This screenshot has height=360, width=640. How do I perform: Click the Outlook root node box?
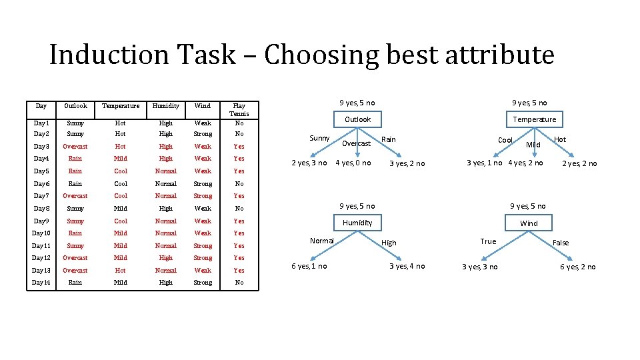[357, 119]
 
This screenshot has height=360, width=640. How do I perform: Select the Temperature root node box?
[534, 119]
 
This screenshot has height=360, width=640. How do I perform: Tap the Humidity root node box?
[357, 222]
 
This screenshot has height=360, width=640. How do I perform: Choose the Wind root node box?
[529, 223]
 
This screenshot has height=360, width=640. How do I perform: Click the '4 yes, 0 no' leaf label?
[353, 163]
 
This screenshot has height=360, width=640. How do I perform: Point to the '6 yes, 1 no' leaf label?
[309, 266]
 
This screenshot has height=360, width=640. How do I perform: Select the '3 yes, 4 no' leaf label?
[407, 266]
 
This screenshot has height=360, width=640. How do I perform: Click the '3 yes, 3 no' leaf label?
[479, 267]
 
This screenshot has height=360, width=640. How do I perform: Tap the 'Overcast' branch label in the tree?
[356, 143]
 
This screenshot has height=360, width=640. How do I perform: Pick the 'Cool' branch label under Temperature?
[505, 140]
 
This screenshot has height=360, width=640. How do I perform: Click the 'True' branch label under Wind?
[488, 241]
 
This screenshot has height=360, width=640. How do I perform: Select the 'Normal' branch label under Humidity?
[321, 240]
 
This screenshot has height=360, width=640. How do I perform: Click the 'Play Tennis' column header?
[239, 109]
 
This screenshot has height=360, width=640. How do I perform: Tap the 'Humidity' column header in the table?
[165, 105]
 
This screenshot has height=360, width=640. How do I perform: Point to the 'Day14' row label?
[41, 283]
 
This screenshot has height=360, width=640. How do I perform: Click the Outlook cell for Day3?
[75, 147]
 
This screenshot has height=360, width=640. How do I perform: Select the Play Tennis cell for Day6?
[239, 184]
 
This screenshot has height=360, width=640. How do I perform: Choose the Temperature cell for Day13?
[121, 271]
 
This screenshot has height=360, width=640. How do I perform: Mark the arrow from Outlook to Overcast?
[357, 132]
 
